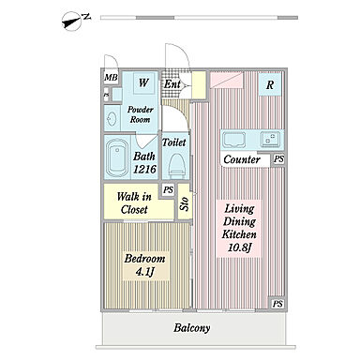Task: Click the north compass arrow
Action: coord(73,21)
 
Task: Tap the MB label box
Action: coord(111,78)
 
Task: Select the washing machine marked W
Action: coord(143,82)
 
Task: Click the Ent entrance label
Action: coord(172,84)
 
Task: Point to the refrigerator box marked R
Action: coord(270,84)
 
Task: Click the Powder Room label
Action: coord(141,114)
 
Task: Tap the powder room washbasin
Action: coord(112,119)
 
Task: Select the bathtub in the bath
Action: coord(117,157)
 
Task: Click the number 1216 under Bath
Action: coord(144,170)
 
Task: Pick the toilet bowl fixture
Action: coord(175,166)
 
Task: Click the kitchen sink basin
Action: coord(233,139)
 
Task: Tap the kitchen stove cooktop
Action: coord(270,139)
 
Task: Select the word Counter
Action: coord(242,159)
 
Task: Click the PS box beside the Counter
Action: coord(278,159)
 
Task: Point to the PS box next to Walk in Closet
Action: coord(168,190)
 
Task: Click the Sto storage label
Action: coord(185,203)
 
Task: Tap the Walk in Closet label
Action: coord(134,203)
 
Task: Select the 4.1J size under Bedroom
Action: coord(145,272)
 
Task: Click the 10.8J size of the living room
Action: coord(239,247)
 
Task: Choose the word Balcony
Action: coord(192,328)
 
